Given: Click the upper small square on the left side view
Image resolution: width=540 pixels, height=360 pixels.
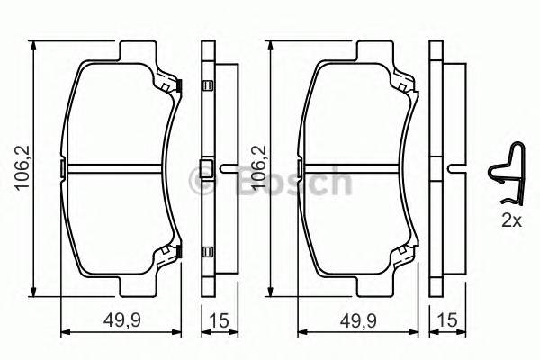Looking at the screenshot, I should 208,86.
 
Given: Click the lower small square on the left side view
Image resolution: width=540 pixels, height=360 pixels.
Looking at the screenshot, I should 208,253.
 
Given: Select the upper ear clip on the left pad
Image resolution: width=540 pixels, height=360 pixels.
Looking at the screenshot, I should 174,85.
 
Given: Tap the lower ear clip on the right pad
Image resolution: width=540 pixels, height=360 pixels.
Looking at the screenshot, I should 413,254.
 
